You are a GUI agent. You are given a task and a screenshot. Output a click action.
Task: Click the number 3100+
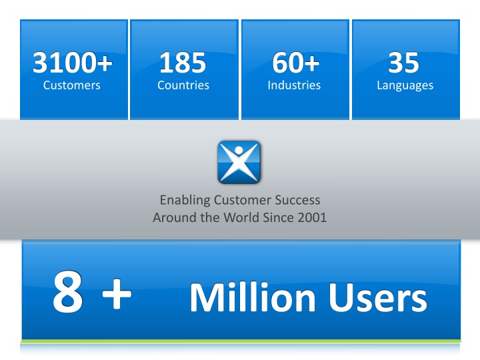click(x=72, y=63)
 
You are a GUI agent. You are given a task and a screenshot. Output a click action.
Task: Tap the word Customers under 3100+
click(x=72, y=85)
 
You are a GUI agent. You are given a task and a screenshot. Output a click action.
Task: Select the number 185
click(x=183, y=63)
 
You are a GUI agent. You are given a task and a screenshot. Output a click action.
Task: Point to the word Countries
click(x=183, y=85)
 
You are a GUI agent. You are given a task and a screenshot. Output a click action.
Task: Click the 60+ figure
click(x=293, y=63)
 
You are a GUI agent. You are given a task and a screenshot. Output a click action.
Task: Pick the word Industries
click(x=293, y=85)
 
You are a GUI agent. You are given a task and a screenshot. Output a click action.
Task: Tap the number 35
click(x=404, y=63)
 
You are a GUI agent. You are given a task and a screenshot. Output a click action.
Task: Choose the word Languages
click(x=404, y=85)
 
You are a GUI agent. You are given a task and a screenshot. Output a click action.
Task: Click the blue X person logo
click(x=239, y=162)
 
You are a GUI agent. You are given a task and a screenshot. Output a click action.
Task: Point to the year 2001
click(x=311, y=217)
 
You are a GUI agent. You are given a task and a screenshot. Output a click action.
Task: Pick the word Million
click(x=251, y=299)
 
